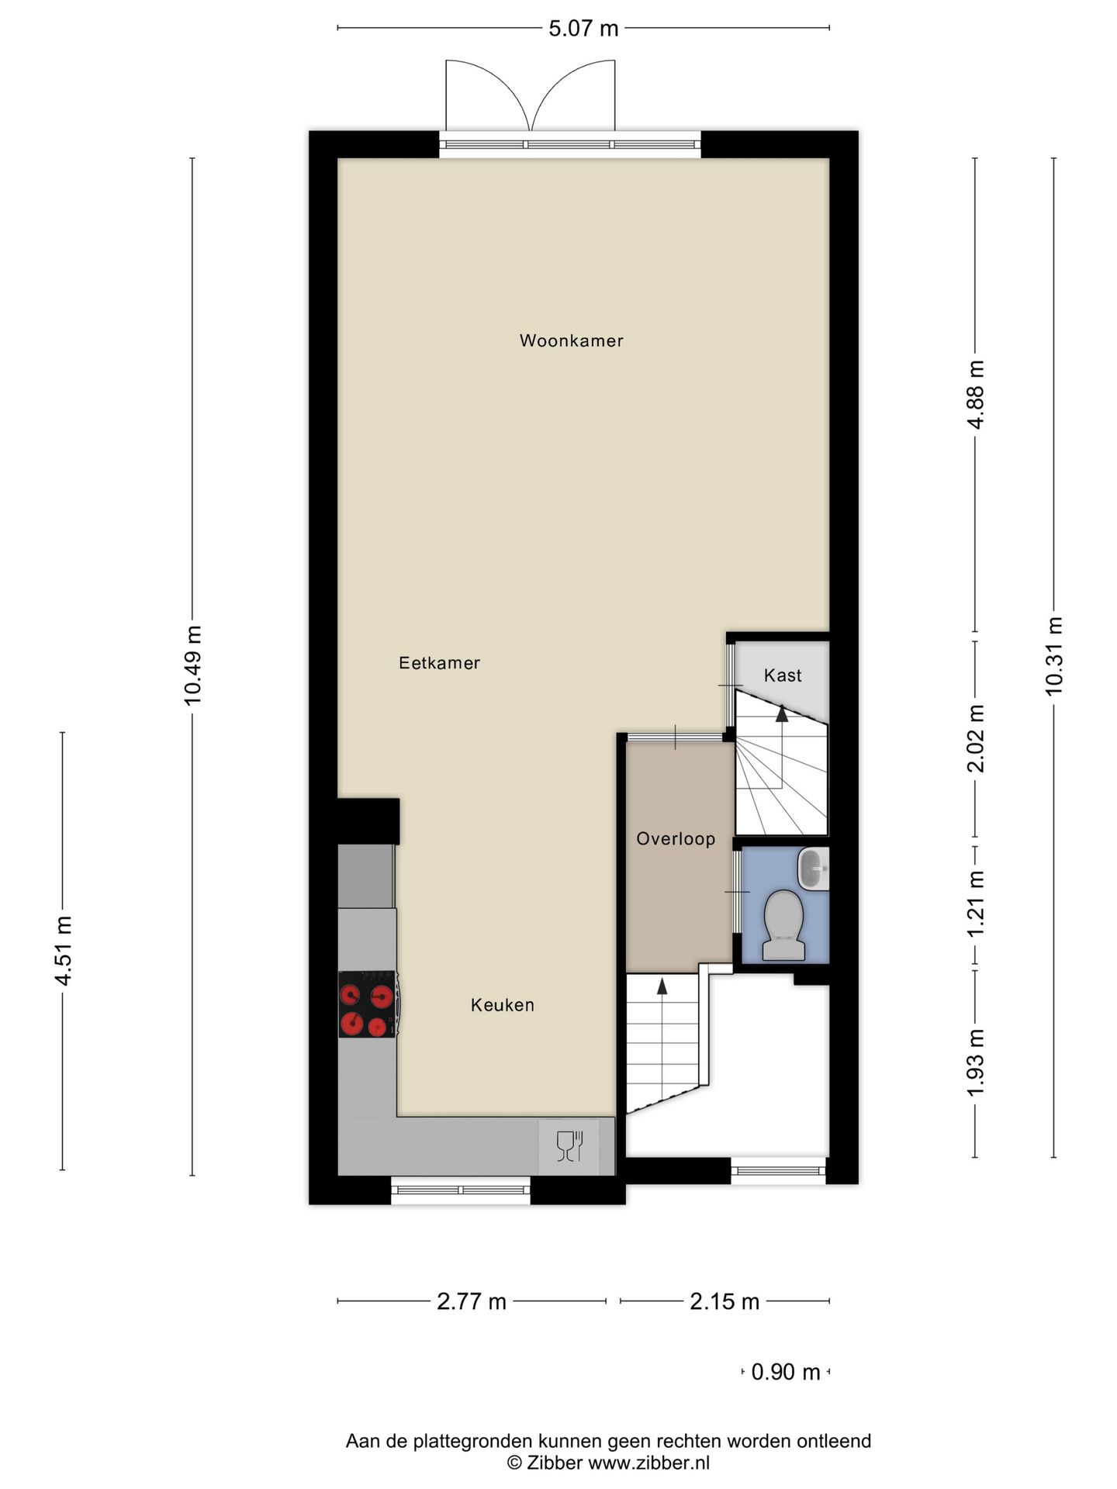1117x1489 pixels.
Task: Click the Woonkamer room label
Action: (x=571, y=340)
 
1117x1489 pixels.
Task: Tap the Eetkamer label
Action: (x=439, y=663)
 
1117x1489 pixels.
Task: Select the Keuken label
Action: (x=502, y=1005)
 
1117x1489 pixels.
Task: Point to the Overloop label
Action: (x=675, y=838)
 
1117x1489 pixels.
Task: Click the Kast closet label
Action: (x=782, y=675)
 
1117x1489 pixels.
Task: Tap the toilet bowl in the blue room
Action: (x=783, y=924)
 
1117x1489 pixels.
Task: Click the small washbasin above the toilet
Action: (x=812, y=868)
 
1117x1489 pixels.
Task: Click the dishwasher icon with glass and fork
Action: (x=569, y=1145)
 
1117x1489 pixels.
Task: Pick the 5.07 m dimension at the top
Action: (x=583, y=29)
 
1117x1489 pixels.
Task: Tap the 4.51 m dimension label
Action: (x=63, y=951)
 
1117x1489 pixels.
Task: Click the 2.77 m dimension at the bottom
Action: (x=471, y=1301)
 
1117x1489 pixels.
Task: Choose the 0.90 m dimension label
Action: (x=785, y=1372)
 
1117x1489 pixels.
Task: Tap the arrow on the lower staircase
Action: (x=662, y=986)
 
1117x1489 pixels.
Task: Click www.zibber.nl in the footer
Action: (x=648, y=1463)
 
